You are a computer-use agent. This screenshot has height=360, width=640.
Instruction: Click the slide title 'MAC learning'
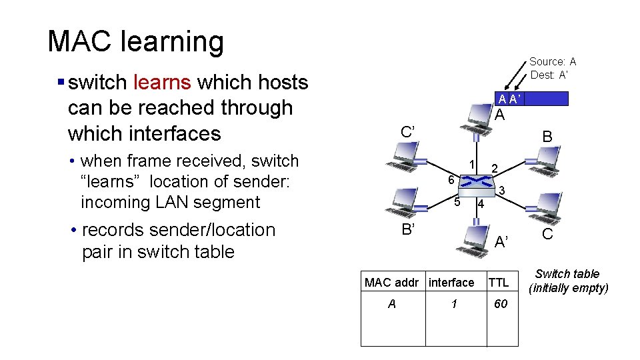tap(136, 41)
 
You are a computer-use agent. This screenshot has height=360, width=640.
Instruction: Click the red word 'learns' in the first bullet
tap(162, 82)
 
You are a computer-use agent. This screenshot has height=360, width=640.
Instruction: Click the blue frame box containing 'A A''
tap(534, 99)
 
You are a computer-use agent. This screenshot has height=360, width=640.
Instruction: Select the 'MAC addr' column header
tap(392, 283)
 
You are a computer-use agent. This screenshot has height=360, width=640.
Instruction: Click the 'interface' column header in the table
tap(451, 283)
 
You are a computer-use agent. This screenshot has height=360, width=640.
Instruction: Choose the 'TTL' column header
tap(498, 283)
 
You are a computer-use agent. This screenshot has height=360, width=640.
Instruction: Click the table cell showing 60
tap(500, 304)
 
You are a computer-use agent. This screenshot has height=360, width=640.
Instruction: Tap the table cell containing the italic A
tap(392, 304)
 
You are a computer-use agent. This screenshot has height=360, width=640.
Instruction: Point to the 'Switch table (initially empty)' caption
tap(567, 281)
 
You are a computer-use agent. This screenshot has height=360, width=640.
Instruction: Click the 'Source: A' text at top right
tap(553, 61)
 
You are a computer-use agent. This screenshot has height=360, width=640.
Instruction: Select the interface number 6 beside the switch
tap(451, 180)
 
